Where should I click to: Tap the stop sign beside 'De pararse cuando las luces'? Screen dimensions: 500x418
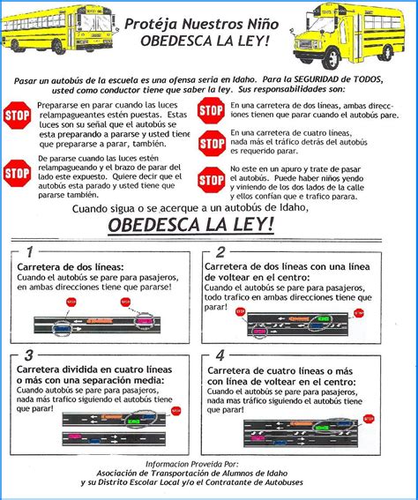(17, 173)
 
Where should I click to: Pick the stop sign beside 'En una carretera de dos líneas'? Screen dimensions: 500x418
(211, 110)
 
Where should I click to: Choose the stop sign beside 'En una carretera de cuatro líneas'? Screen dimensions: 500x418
(212, 141)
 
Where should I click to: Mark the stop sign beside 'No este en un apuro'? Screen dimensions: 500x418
(212, 179)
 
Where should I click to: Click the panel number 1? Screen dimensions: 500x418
(29, 251)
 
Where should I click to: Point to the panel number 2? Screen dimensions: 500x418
(220, 252)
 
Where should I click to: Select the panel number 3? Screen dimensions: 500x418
(29, 355)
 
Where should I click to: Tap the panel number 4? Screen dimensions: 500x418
(220, 355)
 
